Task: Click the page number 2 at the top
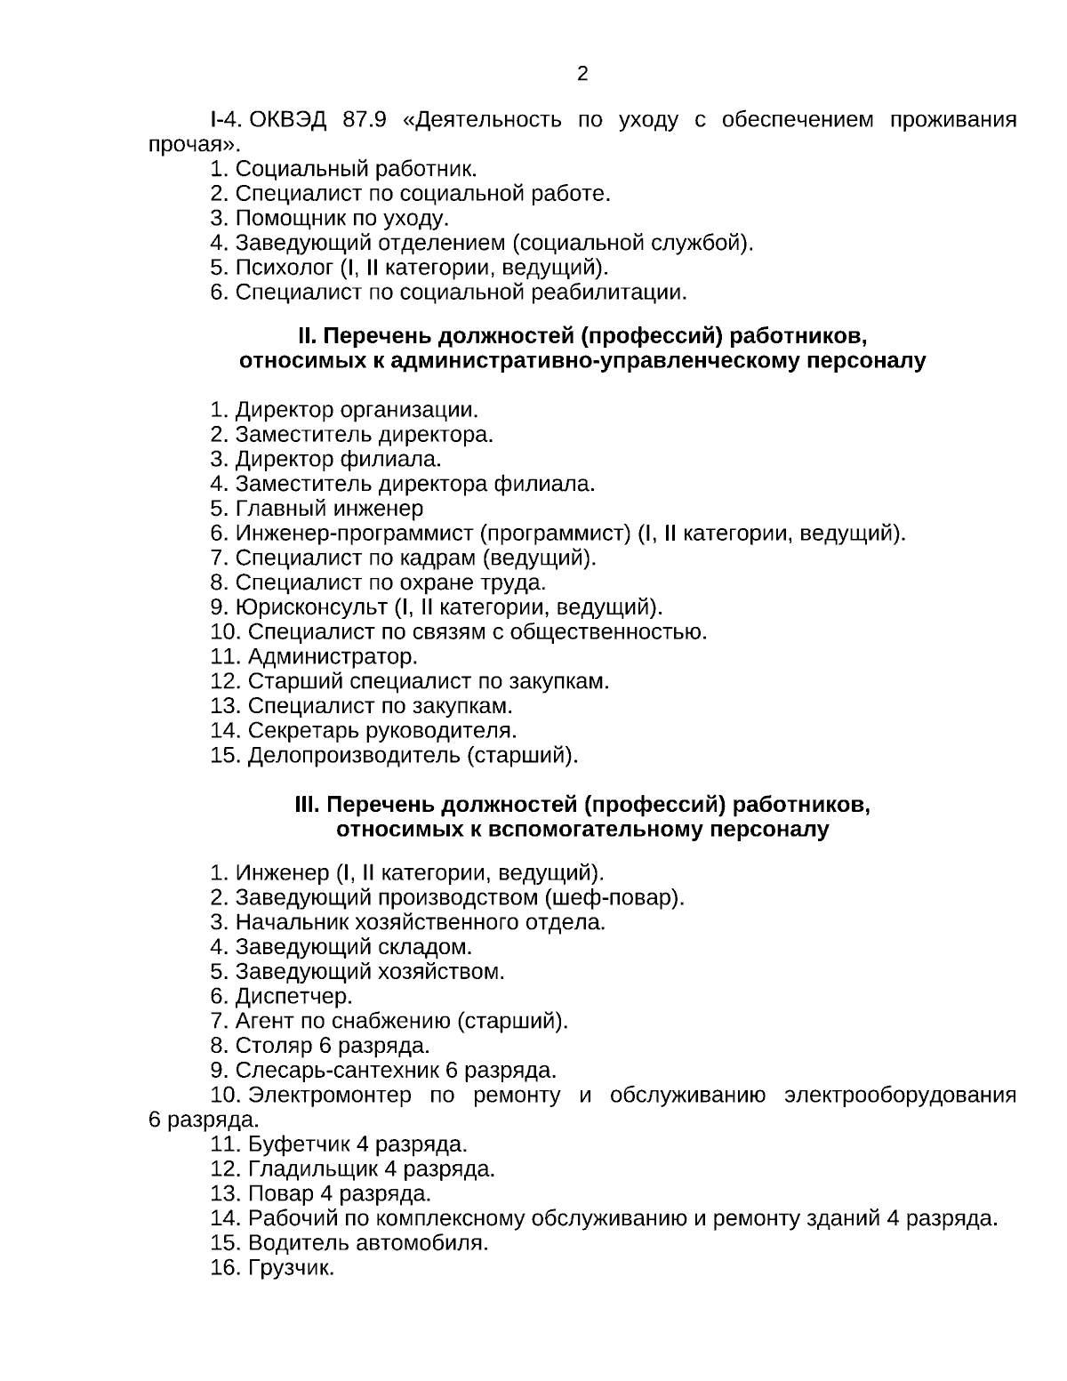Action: point(582,74)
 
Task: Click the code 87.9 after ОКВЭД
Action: point(365,119)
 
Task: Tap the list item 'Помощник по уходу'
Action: point(341,218)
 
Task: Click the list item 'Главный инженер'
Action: point(329,509)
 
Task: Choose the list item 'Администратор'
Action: point(333,657)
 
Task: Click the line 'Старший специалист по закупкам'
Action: point(428,681)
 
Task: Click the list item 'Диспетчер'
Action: point(293,996)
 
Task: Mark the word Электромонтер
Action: point(330,1095)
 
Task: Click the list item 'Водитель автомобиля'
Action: point(367,1242)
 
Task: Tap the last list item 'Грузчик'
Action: point(291,1267)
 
